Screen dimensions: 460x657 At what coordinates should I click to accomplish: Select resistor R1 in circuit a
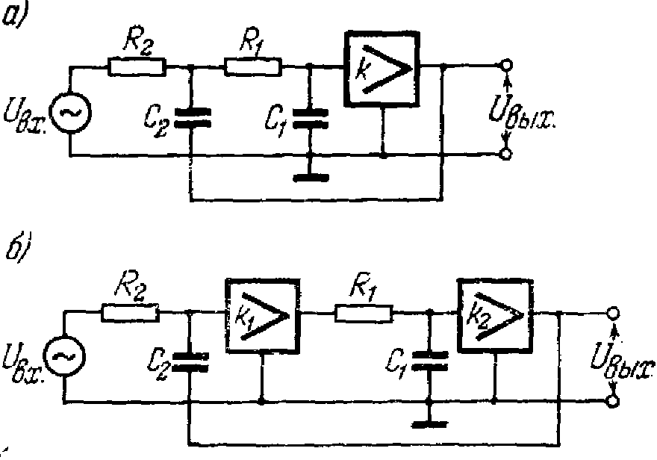click(x=252, y=66)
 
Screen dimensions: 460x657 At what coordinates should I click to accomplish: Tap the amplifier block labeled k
click(x=382, y=69)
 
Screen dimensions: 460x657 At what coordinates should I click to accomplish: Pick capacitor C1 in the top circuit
click(x=309, y=116)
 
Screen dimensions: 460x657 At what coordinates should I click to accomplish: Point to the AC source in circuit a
click(x=70, y=113)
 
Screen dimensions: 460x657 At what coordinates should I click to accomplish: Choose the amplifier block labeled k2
click(x=496, y=316)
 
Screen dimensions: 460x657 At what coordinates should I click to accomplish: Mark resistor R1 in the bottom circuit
click(x=364, y=314)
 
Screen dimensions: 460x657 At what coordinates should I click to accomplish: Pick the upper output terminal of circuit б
click(x=613, y=314)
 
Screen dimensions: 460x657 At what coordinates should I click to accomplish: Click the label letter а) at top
click(x=13, y=16)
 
